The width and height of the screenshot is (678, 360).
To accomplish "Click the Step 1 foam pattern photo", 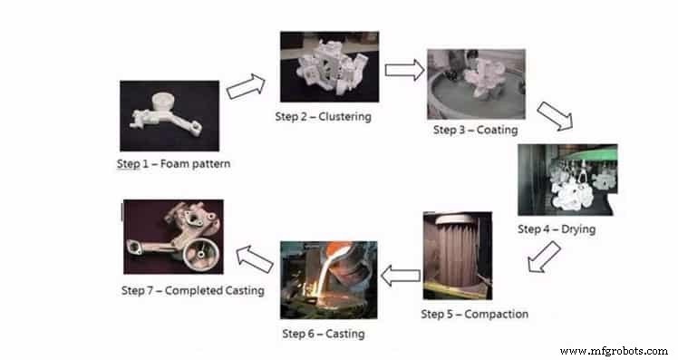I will (169, 115).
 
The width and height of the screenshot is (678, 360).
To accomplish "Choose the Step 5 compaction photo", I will (457, 257).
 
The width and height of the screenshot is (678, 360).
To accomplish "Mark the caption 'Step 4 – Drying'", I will (557, 229).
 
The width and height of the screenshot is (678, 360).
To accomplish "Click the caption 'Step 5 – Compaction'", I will (475, 314).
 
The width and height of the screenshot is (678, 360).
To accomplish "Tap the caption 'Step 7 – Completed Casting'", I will (193, 290).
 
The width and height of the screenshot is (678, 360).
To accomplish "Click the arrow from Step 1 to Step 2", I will (246, 86).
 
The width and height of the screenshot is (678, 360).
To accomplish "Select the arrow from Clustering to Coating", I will (403, 70).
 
